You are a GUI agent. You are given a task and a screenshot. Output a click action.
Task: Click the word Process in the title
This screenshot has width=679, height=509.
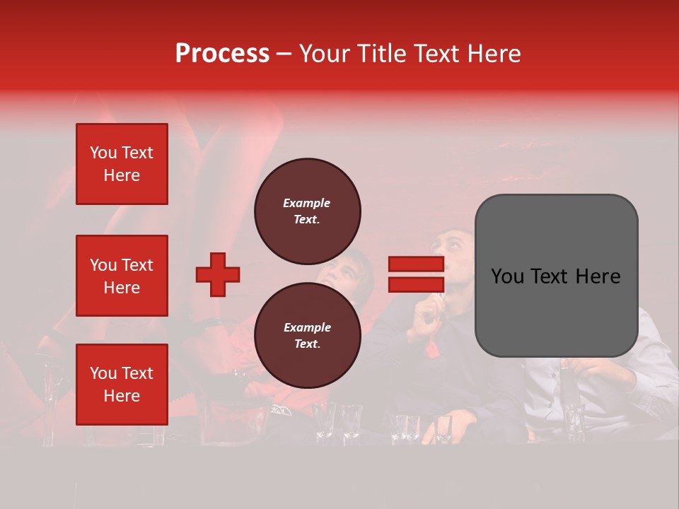pyautogui.click(x=222, y=54)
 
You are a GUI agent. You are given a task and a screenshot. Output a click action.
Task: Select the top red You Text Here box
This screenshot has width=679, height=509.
pyautogui.click(x=122, y=164)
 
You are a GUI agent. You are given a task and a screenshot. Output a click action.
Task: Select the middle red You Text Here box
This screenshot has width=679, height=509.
pyautogui.click(x=122, y=276)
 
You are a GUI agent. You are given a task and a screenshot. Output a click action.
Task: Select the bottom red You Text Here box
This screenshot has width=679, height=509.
pyautogui.click(x=122, y=385)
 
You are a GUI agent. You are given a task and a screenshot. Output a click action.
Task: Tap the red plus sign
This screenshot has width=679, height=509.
pyautogui.click(x=218, y=274)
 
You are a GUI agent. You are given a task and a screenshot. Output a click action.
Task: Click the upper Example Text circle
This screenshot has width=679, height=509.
pyautogui.click(x=307, y=211)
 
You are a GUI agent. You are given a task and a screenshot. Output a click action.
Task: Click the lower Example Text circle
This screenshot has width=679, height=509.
pyautogui.click(x=307, y=336)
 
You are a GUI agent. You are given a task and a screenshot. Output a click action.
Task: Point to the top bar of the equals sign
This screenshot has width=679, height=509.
pyautogui.click(x=416, y=264)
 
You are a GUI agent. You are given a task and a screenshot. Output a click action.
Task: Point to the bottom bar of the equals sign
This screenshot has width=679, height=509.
pyautogui.click(x=416, y=284)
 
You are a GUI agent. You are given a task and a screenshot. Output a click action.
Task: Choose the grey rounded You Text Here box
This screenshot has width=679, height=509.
pyautogui.click(x=556, y=276)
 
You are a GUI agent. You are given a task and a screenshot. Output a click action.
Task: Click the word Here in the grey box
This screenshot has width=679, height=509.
pyautogui.click(x=598, y=276)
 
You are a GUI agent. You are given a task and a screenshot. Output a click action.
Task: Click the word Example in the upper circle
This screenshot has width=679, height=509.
pyautogui.click(x=307, y=203)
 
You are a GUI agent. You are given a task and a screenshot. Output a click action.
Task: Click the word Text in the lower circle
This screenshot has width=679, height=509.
pyautogui.click(x=307, y=344)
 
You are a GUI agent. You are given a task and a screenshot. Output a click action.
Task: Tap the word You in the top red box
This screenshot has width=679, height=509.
pyautogui.click(x=103, y=153)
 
